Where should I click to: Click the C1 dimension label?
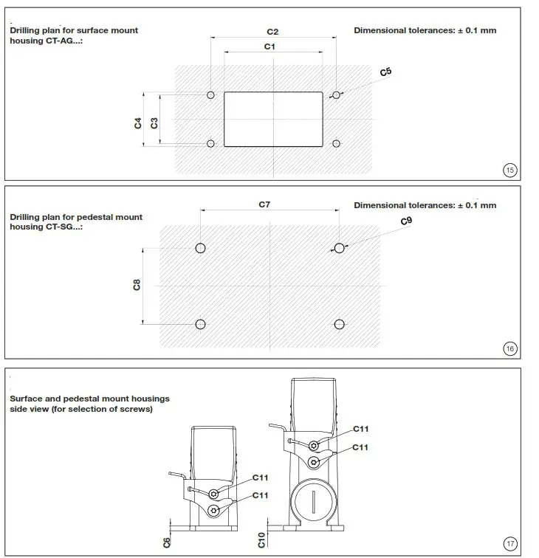coord(270,46)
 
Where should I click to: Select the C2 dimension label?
coord(272,32)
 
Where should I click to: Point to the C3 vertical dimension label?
coord(154,123)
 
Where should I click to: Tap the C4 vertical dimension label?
coord(138,123)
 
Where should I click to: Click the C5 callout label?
coord(385,72)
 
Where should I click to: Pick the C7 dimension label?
coord(264,204)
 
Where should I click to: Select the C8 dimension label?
coord(137,284)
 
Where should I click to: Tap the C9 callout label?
coord(406,221)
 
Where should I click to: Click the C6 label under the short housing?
coord(167,542)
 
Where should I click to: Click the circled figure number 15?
coord(509,170)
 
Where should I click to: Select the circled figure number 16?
coord(509,349)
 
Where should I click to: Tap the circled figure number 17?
coord(509,544)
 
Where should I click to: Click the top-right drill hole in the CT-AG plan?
coord(336,95)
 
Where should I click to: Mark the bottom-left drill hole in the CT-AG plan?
coord(211,143)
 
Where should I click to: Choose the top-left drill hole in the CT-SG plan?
coord(200,248)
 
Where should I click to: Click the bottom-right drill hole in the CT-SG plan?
coord(339,324)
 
